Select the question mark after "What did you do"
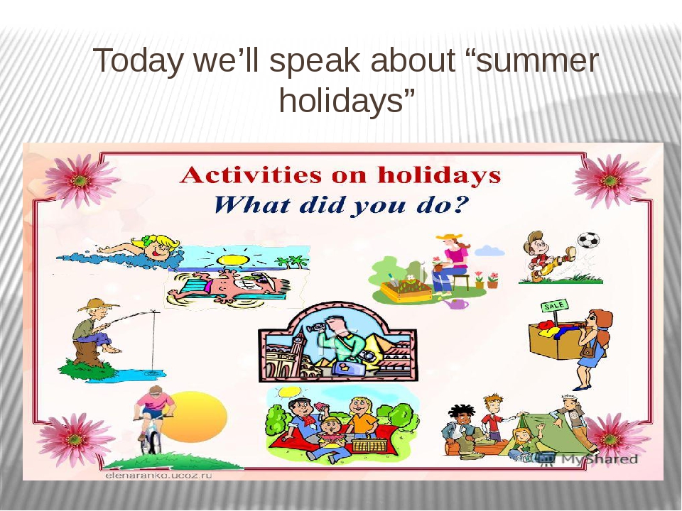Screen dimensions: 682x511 (x=462, y=204)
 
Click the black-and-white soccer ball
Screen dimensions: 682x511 (x=588, y=241)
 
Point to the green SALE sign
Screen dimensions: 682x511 (x=555, y=306)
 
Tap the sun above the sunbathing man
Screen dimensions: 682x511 (x=233, y=260)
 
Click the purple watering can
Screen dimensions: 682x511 (x=456, y=304)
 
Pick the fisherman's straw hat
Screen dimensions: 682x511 (x=99, y=304)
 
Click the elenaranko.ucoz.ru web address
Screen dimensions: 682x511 (x=158, y=476)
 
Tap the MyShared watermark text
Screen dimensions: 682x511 (x=600, y=459)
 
